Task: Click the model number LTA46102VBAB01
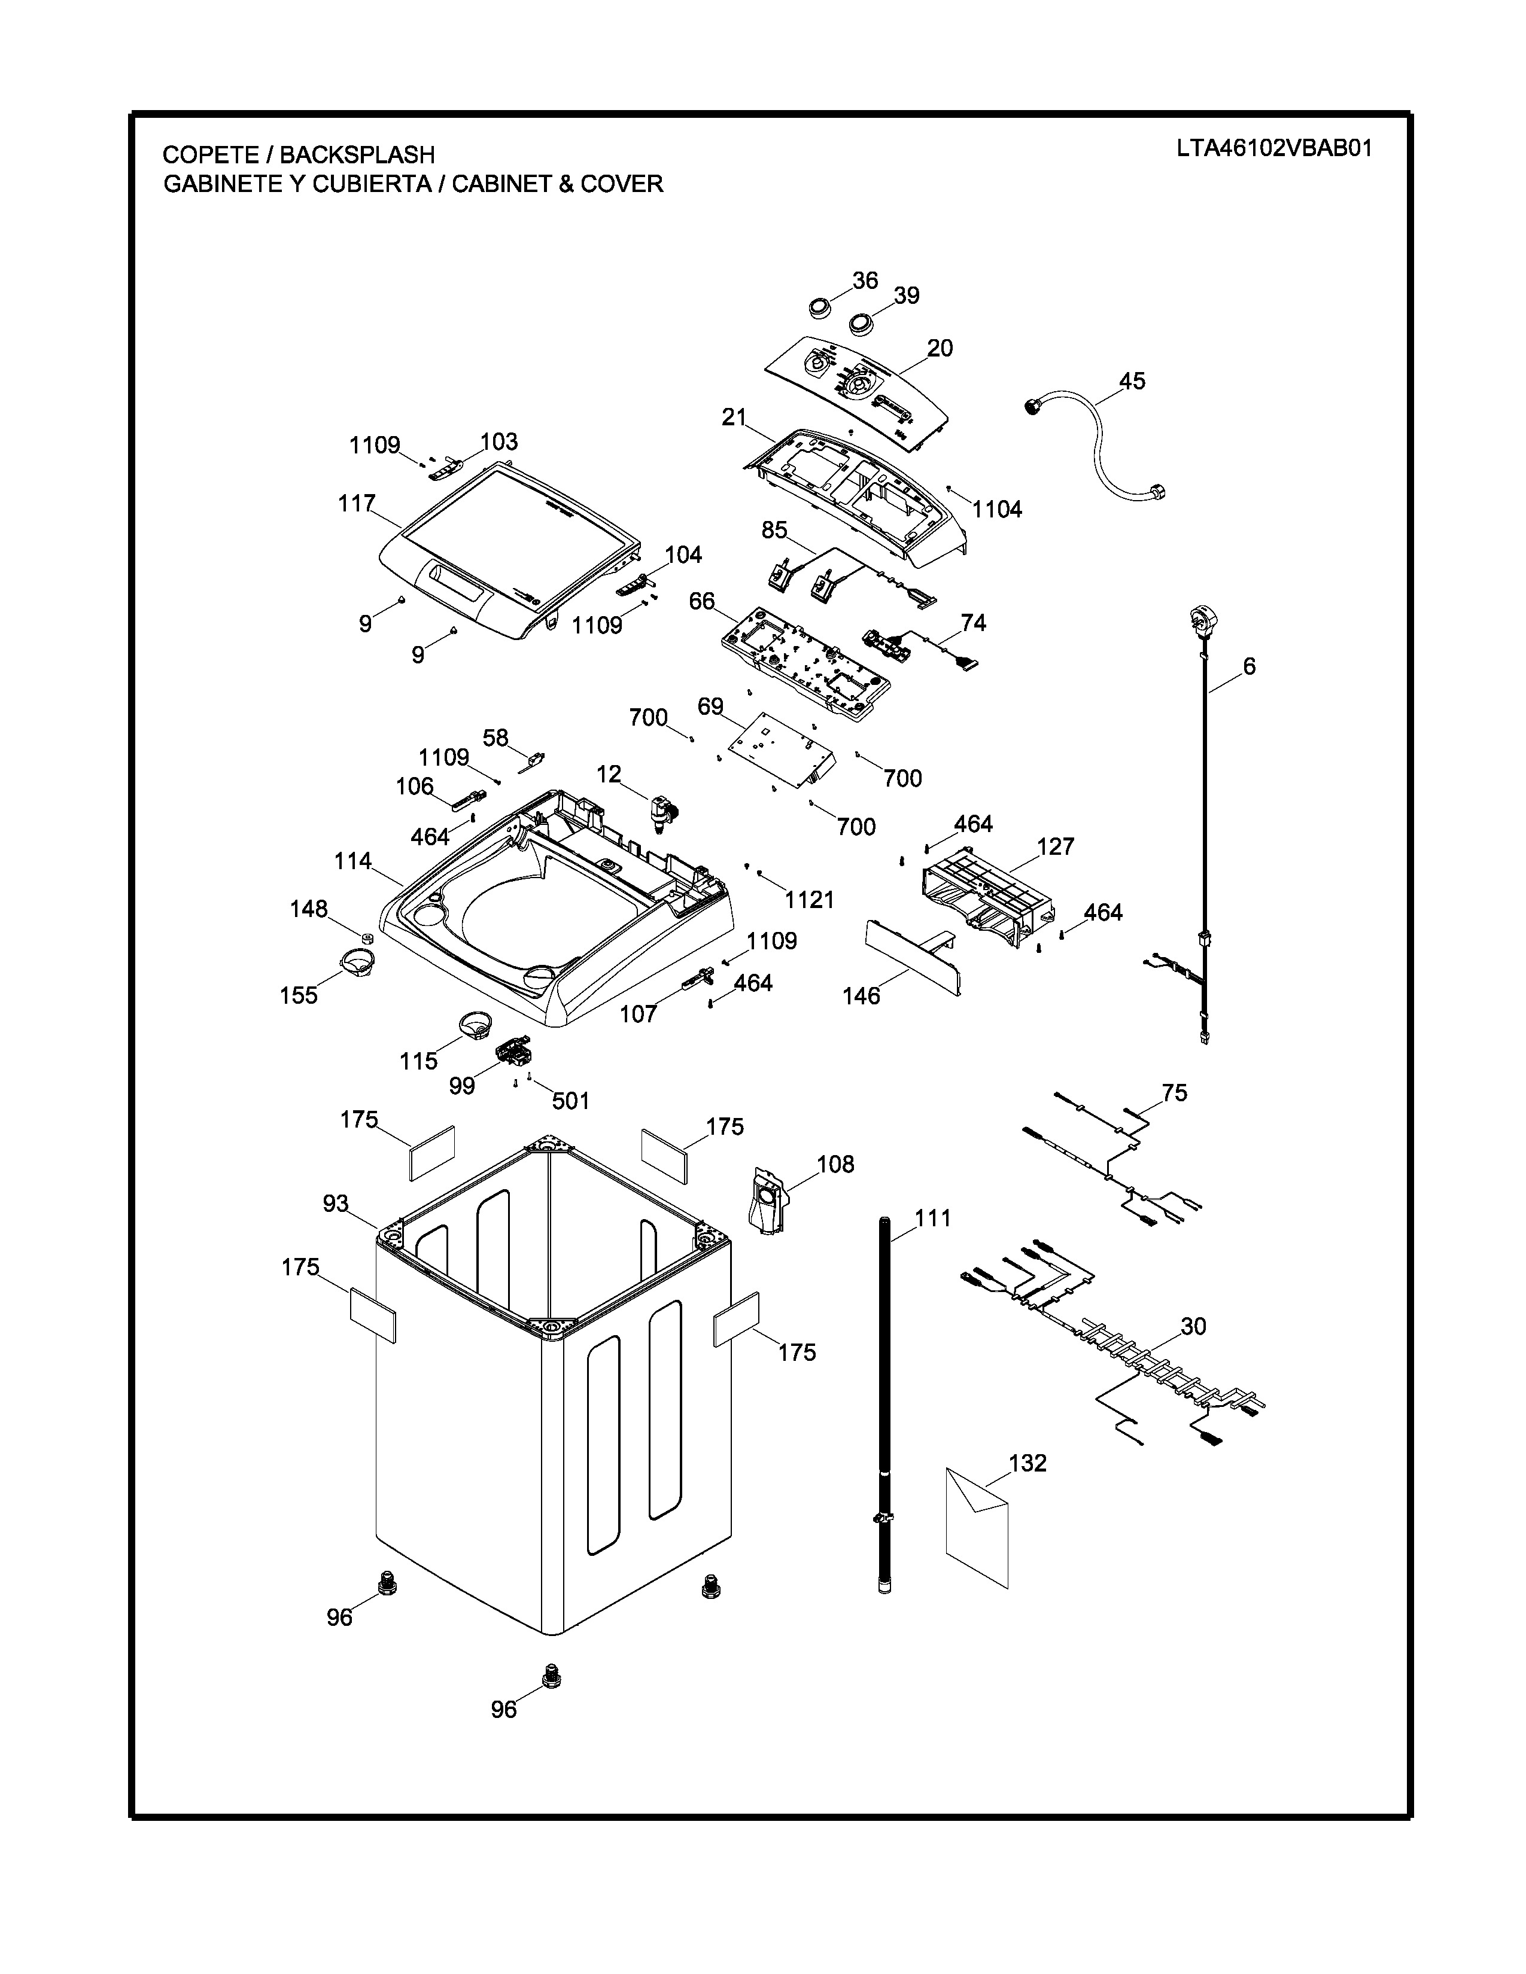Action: pyautogui.click(x=1274, y=149)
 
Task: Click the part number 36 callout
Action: pyautogui.click(x=865, y=281)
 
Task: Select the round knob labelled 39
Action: pyautogui.click(x=861, y=322)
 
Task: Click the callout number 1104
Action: pyautogui.click(x=996, y=510)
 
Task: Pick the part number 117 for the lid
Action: pyautogui.click(x=357, y=504)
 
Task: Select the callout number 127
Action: pyautogui.click(x=1055, y=847)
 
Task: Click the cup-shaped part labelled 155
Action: pyautogui.click(x=358, y=960)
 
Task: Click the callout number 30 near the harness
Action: pyautogui.click(x=1193, y=1326)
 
